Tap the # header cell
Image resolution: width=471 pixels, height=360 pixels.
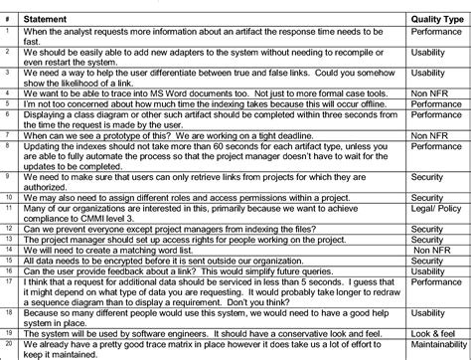tap(7, 17)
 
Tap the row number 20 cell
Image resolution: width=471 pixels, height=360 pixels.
tap(8, 345)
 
